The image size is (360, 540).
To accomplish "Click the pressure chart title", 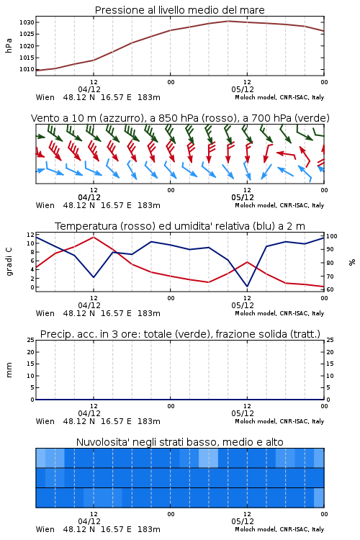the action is coord(180,10).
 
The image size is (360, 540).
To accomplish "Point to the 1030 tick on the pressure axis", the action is coord(27,22).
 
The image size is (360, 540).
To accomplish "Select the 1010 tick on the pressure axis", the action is coord(27,69).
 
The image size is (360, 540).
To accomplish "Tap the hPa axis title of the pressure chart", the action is coord(9,45).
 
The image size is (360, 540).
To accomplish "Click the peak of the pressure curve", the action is coord(228,21).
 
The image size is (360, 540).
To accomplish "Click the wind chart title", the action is coord(180,118).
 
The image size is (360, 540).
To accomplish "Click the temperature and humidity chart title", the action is coord(180,226).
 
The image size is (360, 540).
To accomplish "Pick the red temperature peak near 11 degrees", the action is coord(94,237).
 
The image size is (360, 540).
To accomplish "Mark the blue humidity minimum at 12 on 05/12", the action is coord(247,286).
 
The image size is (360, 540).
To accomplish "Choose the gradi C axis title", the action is coord(9,262).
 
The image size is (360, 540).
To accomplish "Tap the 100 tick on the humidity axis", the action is coord(332,236).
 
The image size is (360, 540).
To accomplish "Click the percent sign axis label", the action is coord(352,262).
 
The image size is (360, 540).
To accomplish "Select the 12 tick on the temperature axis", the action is coord(31,235).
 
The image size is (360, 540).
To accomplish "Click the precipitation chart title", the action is coord(180,334).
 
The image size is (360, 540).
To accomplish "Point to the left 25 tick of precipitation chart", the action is coord(31,340).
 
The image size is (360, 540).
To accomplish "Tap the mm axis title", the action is coord(9,370).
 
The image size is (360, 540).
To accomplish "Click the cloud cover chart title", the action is coord(180,442).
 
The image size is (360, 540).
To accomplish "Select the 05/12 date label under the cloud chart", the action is coord(243,521).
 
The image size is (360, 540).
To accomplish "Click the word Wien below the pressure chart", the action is coord(45,97).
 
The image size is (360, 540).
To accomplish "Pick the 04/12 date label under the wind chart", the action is coord(89,197).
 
